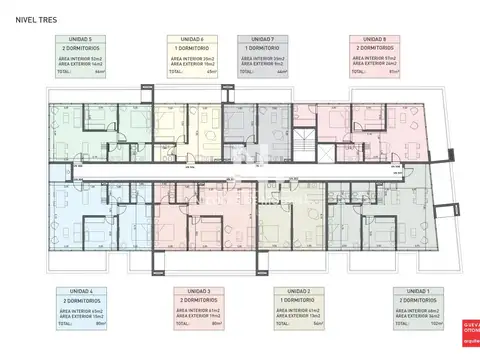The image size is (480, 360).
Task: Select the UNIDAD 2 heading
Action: [x=296, y=291]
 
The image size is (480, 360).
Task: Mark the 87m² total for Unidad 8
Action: [x=397, y=72]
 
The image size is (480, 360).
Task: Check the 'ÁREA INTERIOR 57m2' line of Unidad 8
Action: [x=373, y=58]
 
